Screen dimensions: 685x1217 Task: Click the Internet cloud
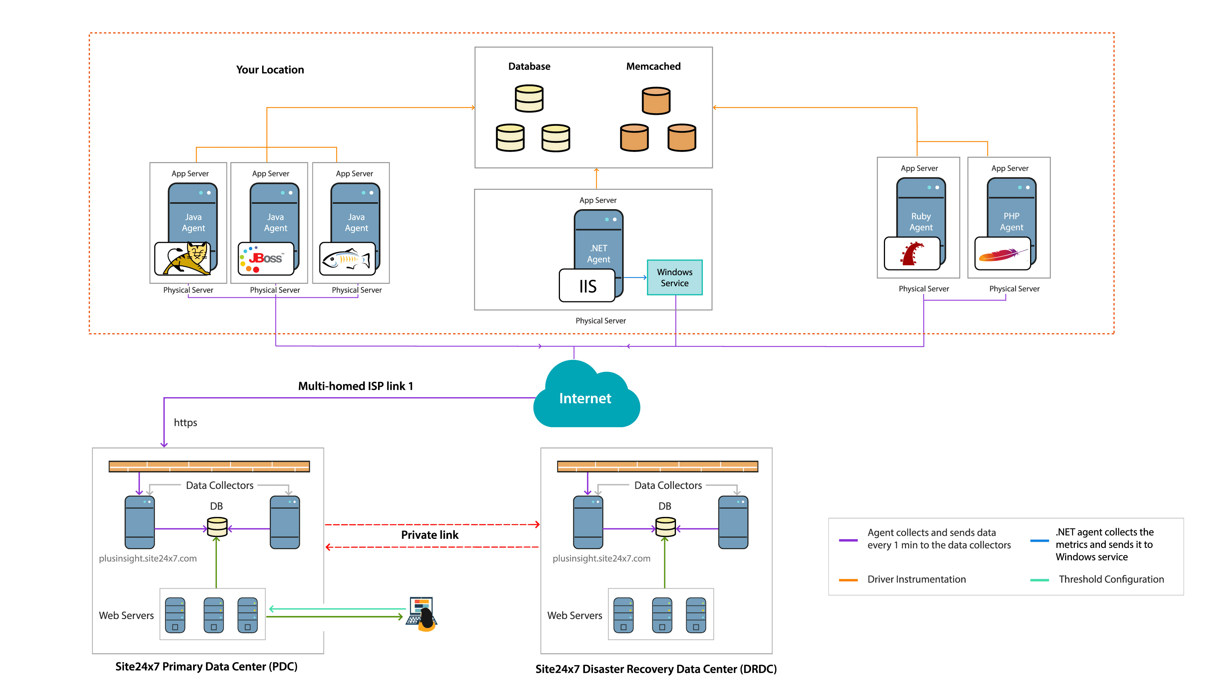[586, 397]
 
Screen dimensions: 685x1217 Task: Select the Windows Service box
[674, 277]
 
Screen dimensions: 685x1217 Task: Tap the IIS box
[587, 286]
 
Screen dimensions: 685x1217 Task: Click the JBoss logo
[266, 258]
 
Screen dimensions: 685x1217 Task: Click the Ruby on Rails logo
[912, 254]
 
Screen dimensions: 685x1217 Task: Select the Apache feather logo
[1002, 254]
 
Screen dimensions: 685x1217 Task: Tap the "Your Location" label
[270, 70]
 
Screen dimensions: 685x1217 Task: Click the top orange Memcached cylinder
[656, 101]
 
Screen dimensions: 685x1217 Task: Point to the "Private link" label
[429, 535]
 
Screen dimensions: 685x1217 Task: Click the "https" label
[185, 423]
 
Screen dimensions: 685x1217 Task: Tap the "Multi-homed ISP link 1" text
[355, 386]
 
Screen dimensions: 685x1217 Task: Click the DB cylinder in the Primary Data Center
[217, 527]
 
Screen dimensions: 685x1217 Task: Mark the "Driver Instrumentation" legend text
[916, 579]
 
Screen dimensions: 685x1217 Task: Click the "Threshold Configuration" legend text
[1111, 579]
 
